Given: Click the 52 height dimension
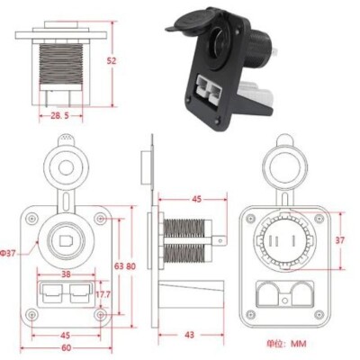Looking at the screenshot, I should (x=112, y=60).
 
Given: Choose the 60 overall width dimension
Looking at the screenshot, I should (x=66, y=347).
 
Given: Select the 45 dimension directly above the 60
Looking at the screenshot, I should (x=66, y=334).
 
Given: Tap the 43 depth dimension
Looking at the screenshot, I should (x=190, y=334).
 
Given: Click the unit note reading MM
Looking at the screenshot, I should (x=287, y=343).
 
